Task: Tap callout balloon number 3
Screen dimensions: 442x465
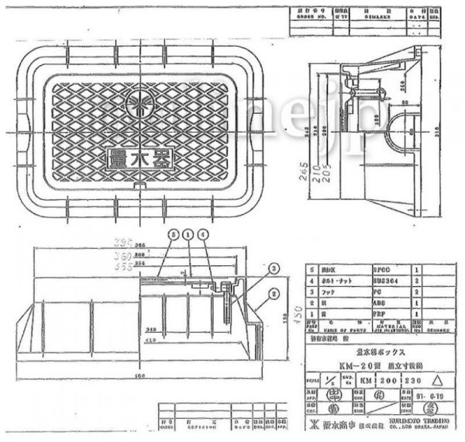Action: click(x=274, y=268)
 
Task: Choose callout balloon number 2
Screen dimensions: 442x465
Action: click(x=274, y=293)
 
